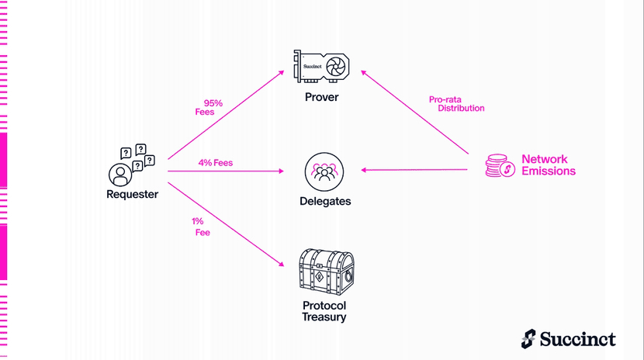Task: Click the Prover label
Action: tap(321, 97)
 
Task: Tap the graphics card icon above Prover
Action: tap(321, 66)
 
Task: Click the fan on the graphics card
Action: tap(335, 66)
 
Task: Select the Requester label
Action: tap(132, 194)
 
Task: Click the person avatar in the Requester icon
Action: tap(120, 175)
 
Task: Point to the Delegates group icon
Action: tap(324, 172)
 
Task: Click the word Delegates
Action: tap(325, 201)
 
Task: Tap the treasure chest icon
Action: tap(326, 272)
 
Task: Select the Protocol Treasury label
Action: tap(324, 311)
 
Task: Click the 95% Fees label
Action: tap(209, 108)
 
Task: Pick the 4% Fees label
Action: tap(216, 163)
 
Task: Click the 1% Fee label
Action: tap(201, 227)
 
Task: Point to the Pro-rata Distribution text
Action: tap(457, 104)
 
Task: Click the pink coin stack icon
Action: tap(500, 165)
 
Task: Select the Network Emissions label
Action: tap(549, 165)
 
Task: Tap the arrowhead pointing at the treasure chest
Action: tap(282, 264)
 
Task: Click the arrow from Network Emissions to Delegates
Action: tap(414, 170)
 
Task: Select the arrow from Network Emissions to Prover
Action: tap(414, 112)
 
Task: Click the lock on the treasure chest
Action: tap(348, 276)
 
